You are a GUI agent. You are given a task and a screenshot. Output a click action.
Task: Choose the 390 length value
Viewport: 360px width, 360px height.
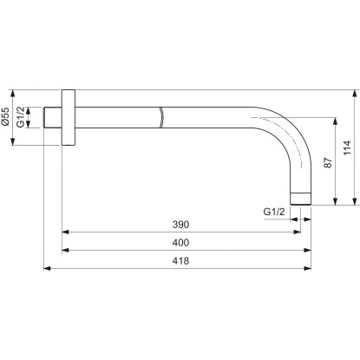(180, 224)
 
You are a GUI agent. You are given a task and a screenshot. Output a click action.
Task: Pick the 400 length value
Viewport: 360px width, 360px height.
(180, 241)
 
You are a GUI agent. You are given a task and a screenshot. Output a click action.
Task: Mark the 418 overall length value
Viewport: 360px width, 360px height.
(180, 259)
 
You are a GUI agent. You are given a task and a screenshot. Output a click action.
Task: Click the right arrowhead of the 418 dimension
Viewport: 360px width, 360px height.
(310, 267)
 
